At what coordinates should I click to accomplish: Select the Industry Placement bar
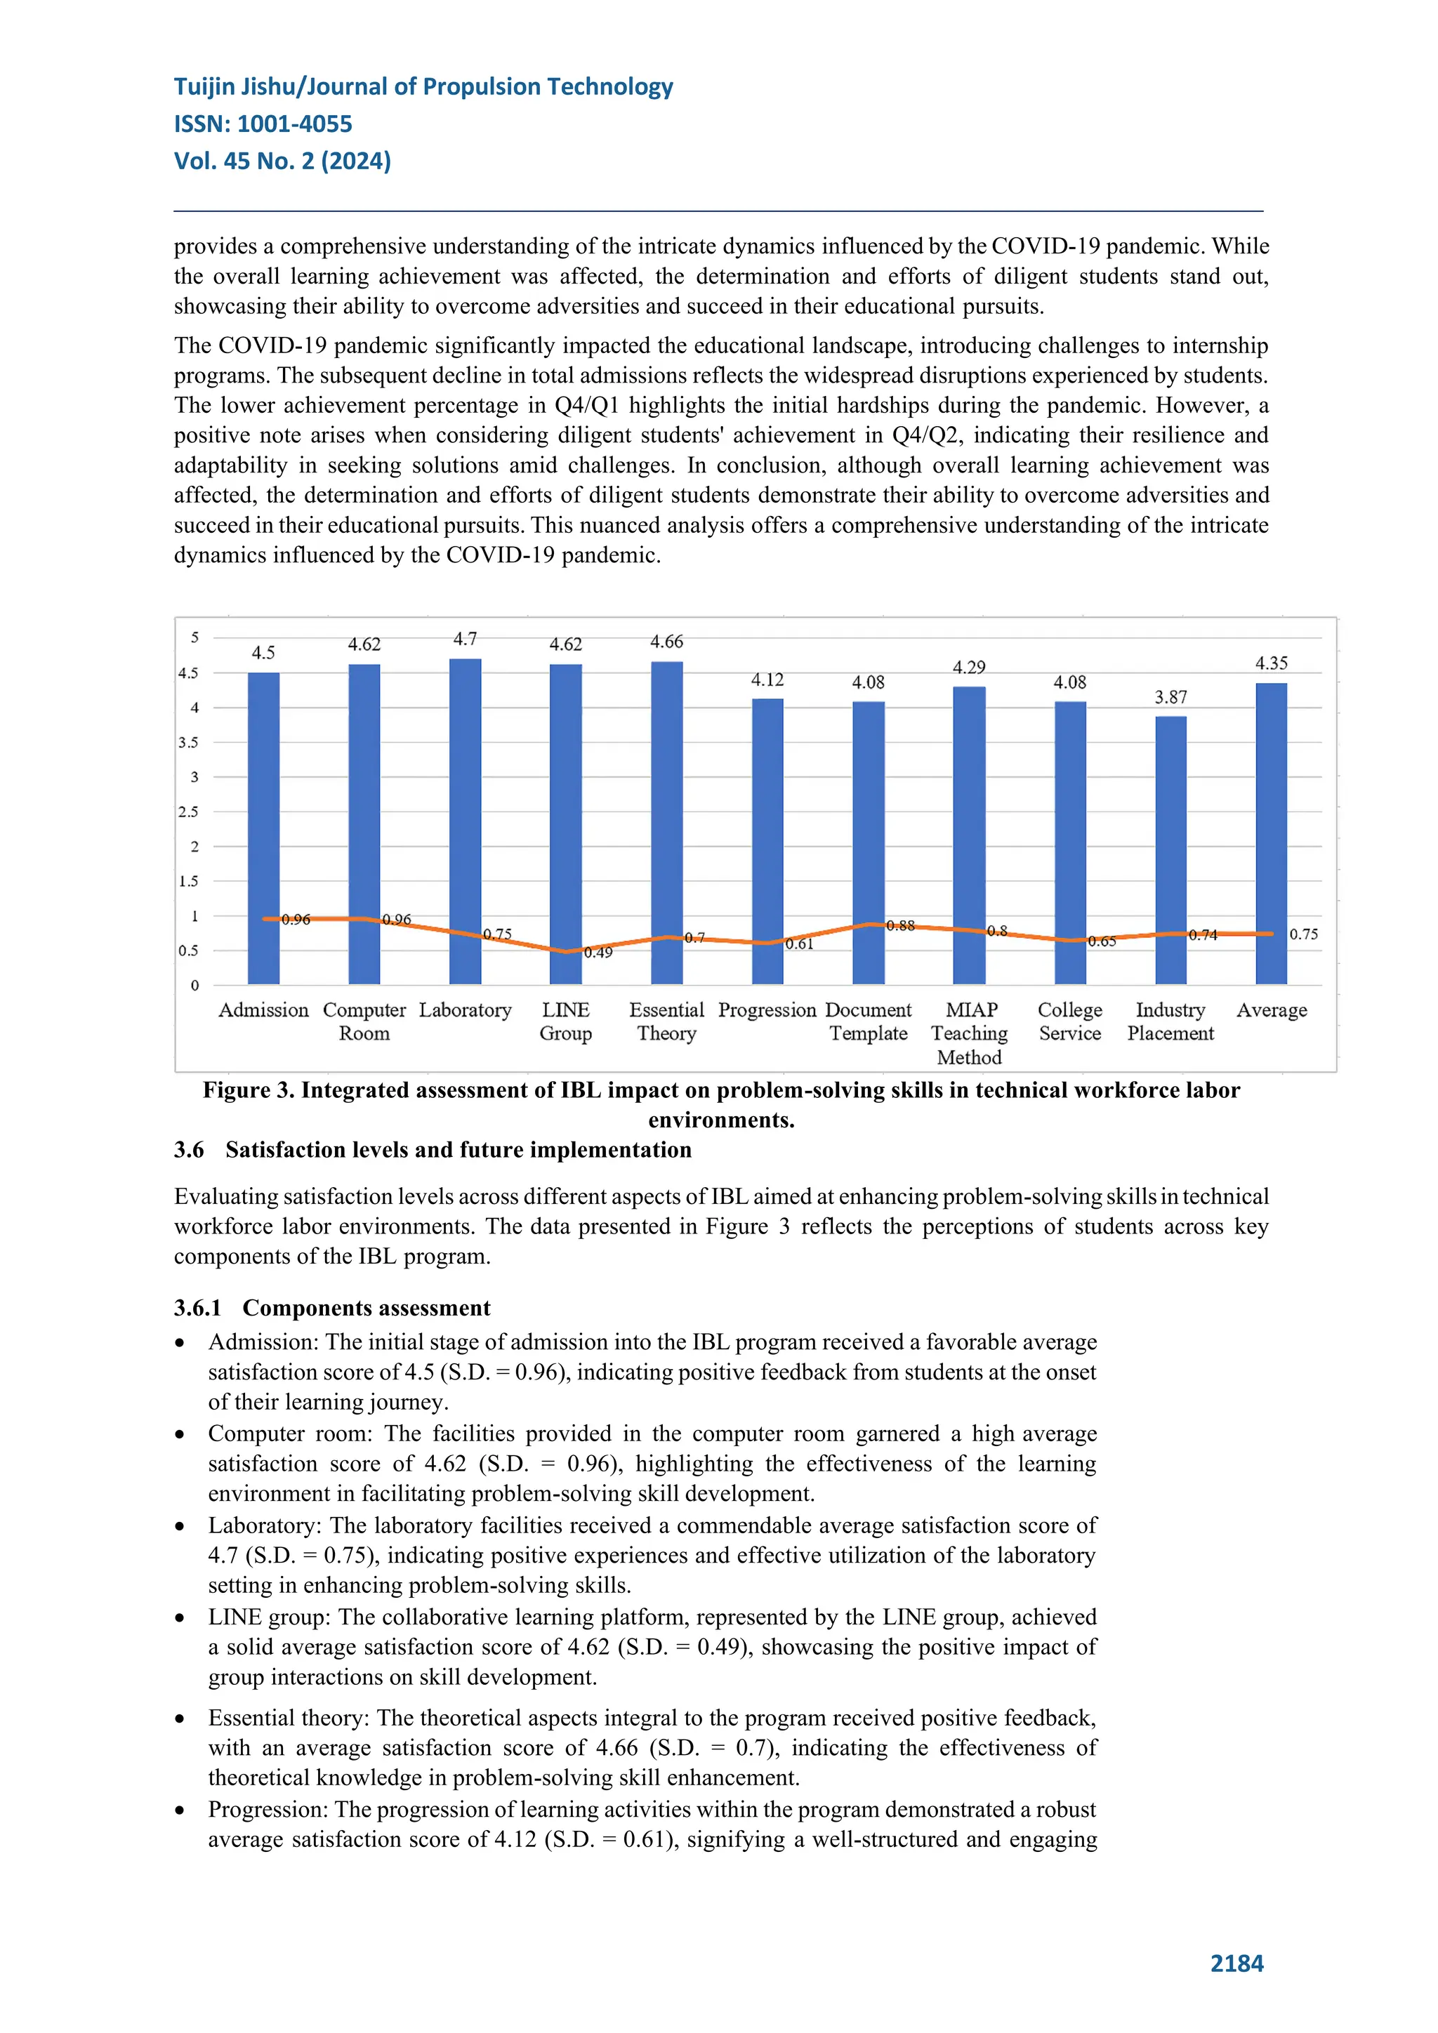[x=1170, y=850]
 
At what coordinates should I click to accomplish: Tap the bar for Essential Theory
[x=667, y=823]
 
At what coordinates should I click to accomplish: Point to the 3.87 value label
[x=1170, y=698]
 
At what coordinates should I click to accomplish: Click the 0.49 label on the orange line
[x=598, y=953]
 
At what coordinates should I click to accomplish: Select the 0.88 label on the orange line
[x=901, y=925]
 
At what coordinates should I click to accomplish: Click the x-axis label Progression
[x=767, y=1010]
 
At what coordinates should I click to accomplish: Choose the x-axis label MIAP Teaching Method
[x=970, y=1033]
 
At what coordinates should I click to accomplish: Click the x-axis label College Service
[x=1069, y=1022]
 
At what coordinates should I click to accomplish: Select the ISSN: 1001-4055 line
[x=263, y=124]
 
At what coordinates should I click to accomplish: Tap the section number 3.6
[x=189, y=1149]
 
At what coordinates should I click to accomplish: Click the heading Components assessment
[x=367, y=1308]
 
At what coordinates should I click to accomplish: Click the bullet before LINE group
[x=180, y=1617]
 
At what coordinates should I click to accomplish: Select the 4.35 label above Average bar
[x=1272, y=663]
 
